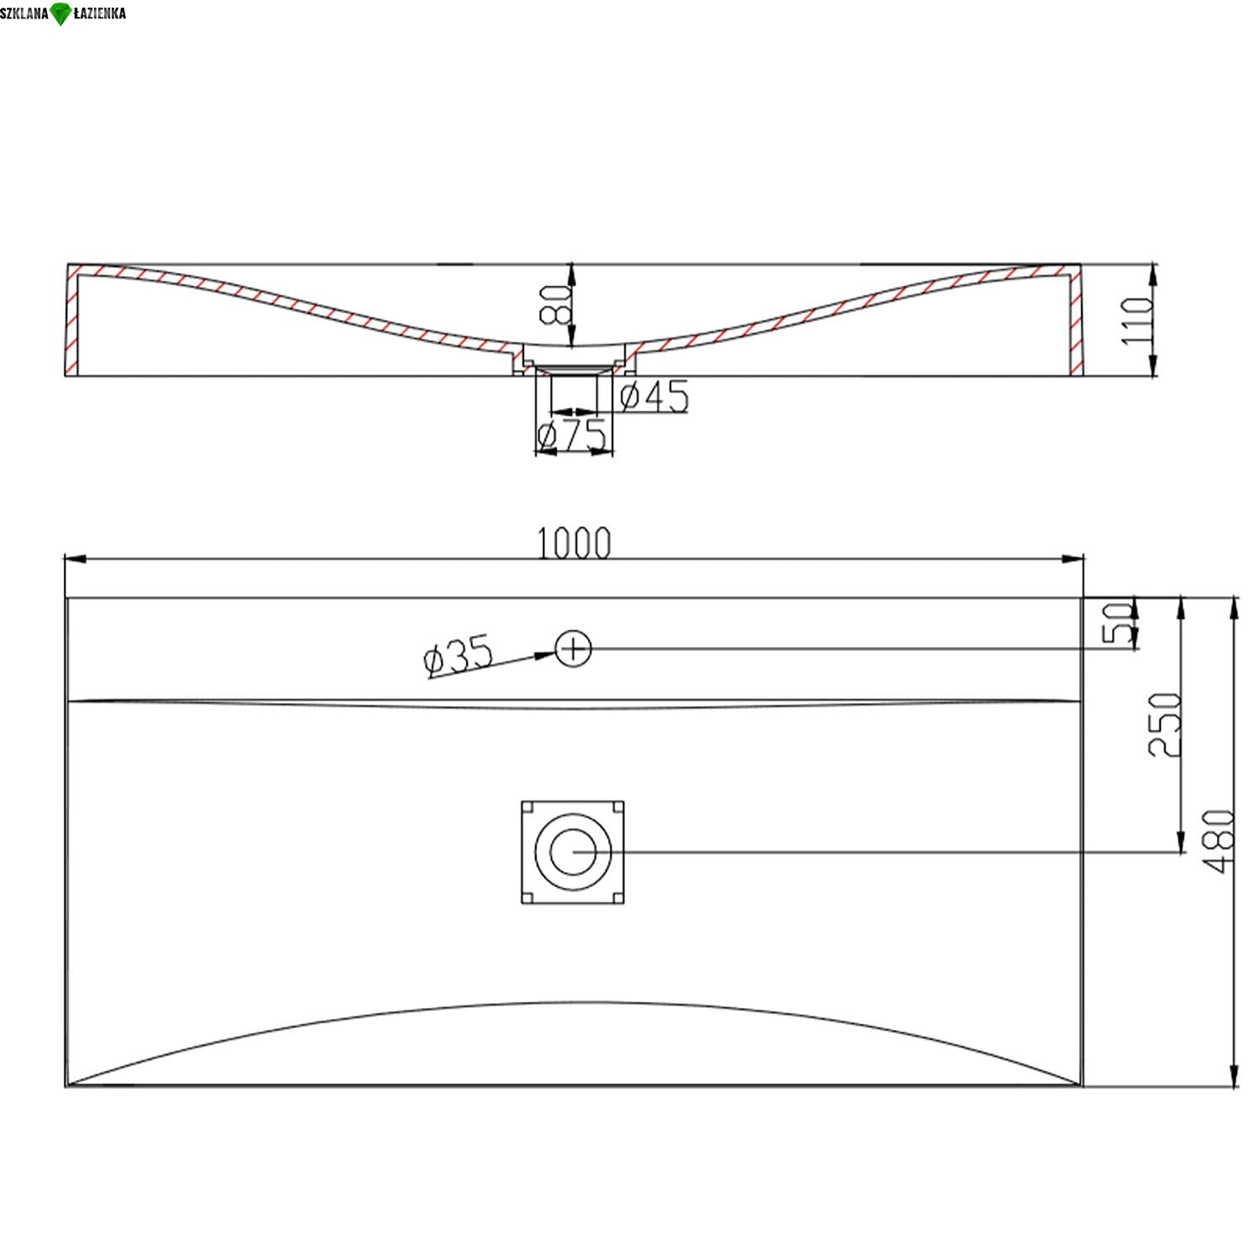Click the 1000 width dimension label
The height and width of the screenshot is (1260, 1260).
pyautogui.click(x=574, y=543)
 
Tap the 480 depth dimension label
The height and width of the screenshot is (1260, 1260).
pyautogui.click(x=1219, y=841)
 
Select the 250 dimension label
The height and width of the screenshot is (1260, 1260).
pyautogui.click(x=1164, y=724)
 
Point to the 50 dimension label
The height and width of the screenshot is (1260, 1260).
pyautogui.click(x=1117, y=622)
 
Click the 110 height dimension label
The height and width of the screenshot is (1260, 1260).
pyautogui.click(x=1137, y=320)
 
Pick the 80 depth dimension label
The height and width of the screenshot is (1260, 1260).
pyautogui.click(x=555, y=304)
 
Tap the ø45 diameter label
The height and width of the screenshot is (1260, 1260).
pyautogui.click(x=654, y=396)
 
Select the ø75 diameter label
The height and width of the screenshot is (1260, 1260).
pyautogui.click(x=572, y=434)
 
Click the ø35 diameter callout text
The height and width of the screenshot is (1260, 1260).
pyautogui.click(x=458, y=655)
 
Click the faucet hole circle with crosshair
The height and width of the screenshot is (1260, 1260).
pyautogui.click(x=574, y=648)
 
